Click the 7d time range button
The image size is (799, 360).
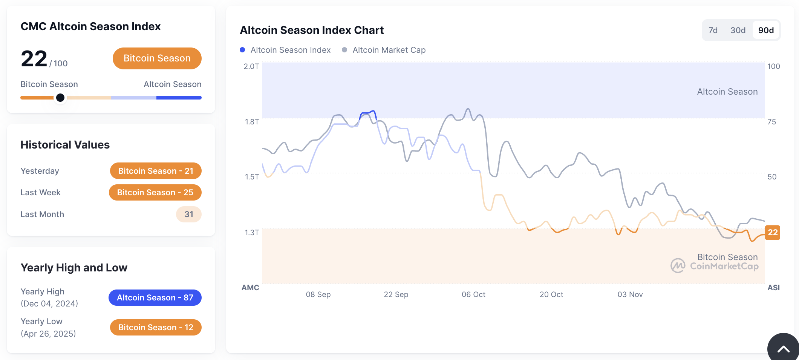[x=713, y=31]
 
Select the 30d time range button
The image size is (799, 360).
[x=738, y=31]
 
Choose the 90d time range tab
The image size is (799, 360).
[x=766, y=31]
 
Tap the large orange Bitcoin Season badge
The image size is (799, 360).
[x=157, y=58]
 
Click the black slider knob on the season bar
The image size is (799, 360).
[x=60, y=98]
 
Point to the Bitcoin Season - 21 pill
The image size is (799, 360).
[x=156, y=171]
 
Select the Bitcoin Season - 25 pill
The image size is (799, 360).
[x=155, y=193]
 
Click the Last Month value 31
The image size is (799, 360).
[x=188, y=214]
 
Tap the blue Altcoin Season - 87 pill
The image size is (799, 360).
[x=155, y=298]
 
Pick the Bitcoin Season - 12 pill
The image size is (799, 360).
[x=156, y=328]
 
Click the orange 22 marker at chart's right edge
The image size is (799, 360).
[x=772, y=233]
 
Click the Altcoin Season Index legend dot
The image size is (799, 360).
[x=242, y=50]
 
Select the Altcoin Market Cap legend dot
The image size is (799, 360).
[x=344, y=50]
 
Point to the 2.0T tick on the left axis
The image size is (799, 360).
[x=251, y=66]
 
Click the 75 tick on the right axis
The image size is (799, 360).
[x=771, y=122]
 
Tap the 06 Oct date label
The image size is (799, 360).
[x=473, y=294]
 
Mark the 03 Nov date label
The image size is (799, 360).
[x=630, y=294]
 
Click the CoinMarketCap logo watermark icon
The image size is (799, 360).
[x=678, y=265]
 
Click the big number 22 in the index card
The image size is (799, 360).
[x=34, y=59]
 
